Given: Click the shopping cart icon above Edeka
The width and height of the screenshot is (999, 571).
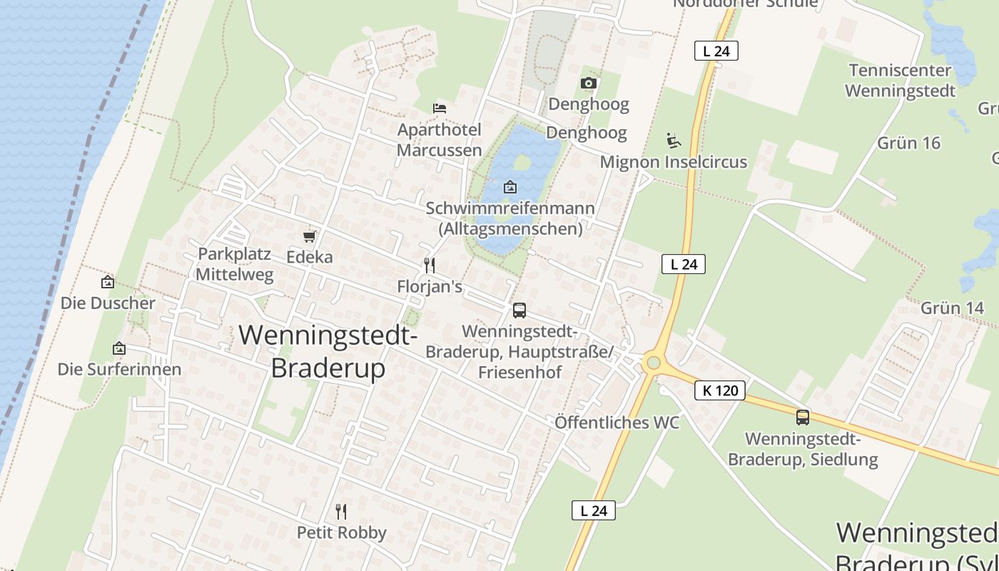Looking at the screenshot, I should [309, 236].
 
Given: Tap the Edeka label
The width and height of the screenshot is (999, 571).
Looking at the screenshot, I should [310, 257].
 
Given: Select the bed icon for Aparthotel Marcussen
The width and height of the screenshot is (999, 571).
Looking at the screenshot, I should [440, 108].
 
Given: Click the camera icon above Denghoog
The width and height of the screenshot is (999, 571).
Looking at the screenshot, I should [588, 84].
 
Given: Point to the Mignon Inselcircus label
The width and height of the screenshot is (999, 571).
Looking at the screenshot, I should [673, 162].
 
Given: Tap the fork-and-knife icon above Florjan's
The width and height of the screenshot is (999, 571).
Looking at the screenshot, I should [430, 266].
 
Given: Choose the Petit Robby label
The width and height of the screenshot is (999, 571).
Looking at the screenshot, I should [342, 532].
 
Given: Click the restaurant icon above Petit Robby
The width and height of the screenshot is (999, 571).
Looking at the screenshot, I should [341, 511].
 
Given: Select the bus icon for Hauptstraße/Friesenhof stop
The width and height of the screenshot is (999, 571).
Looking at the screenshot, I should [519, 310].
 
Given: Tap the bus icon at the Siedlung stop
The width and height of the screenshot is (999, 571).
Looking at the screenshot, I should [803, 418].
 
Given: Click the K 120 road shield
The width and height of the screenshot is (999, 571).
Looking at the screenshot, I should [720, 390].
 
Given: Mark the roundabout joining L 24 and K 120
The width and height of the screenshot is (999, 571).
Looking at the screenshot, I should [652, 363].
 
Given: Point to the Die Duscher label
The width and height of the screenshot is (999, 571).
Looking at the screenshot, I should [108, 303].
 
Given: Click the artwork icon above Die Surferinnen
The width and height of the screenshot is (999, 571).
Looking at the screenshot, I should [119, 348].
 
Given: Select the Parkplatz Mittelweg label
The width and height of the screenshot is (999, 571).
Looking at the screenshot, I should [235, 264].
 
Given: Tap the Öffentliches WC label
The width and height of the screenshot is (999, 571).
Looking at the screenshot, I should [617, 423].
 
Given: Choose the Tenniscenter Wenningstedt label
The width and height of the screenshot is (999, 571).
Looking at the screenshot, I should [900, 81].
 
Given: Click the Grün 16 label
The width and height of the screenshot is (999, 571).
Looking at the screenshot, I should [909, 143].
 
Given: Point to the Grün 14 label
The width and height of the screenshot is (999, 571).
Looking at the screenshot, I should [953, 308].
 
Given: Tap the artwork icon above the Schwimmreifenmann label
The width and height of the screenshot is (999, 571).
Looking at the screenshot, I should [510, 188].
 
